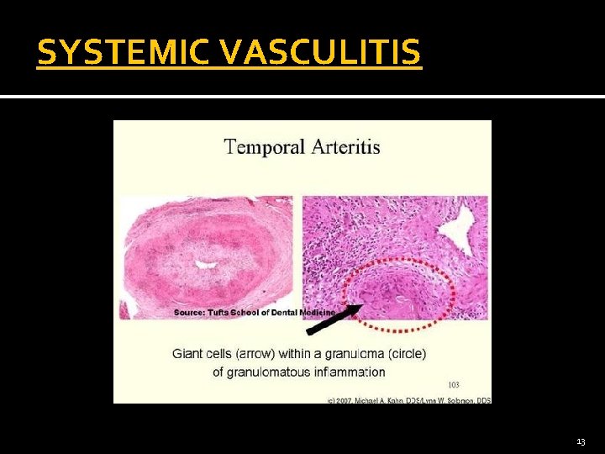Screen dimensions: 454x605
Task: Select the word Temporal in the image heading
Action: (x=264, y=148)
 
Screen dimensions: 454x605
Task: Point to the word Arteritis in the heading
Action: (x=345, y=148)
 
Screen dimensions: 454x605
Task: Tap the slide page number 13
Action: (x=581, y=441)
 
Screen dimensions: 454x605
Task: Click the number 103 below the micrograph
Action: (x=454, y=384)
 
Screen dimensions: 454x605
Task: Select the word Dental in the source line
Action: (x=291, y=312)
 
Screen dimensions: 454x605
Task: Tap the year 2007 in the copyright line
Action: (x=345, y=400)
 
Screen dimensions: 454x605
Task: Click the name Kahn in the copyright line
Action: (x=395, y=400)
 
